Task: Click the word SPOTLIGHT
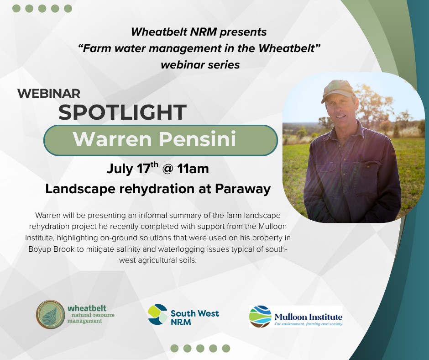(x=122, y=112)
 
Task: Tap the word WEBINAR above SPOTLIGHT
(x=49, y=93)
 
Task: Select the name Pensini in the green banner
(x=197, y=139)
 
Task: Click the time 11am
(x=193, y=169)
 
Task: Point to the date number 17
(x=143, y=169)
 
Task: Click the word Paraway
(x=243, y=189)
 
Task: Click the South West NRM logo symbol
(x=157, y=314)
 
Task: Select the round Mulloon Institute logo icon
(x=260, y=317)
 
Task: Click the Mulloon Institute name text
(x=309, y=317)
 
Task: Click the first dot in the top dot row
(x=16, y=9)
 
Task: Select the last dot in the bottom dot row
(x=226, y=349)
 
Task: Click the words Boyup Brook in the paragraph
(x=52, y=249)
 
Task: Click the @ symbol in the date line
(x=167, y=169)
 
